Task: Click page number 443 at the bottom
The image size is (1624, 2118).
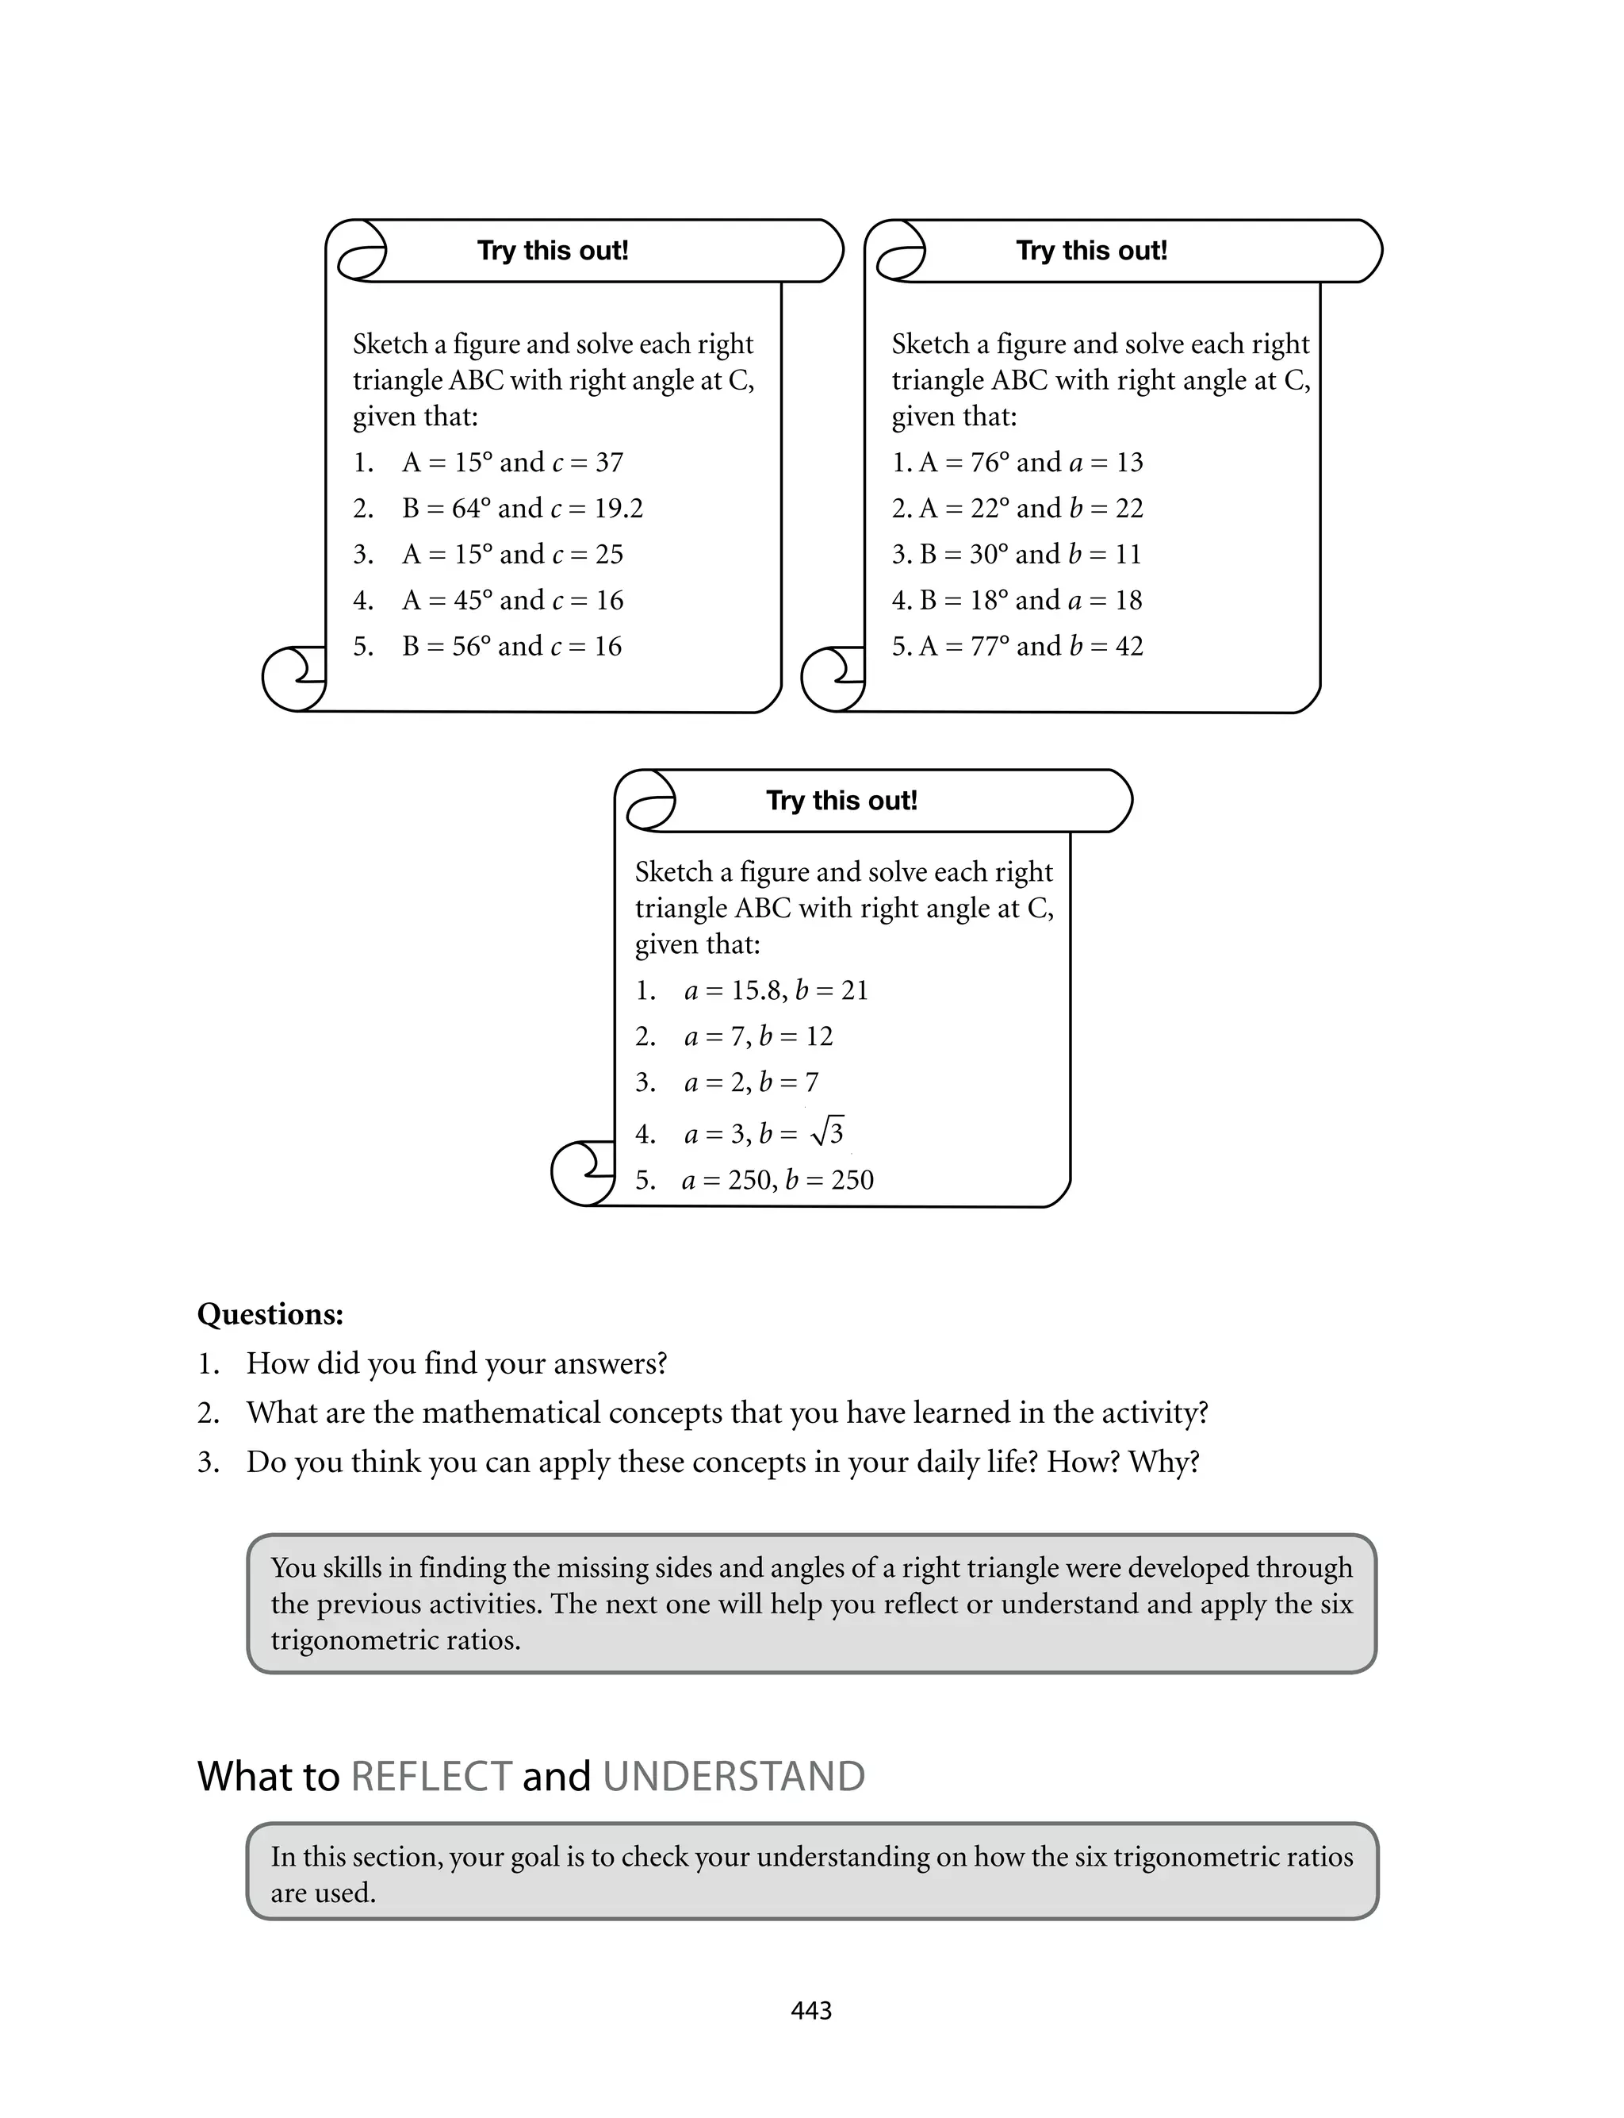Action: tap(811, 2011)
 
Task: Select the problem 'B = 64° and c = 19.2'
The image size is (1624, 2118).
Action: tap(522, 508)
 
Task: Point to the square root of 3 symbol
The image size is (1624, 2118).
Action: tap(829, 1132)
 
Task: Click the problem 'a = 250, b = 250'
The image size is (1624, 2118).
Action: tap(777, 1180)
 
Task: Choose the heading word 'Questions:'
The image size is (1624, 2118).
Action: tap(270, 1313)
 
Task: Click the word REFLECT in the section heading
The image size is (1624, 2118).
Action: tap(431, 1777)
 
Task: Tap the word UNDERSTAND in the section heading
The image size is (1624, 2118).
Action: tap(733, 1777)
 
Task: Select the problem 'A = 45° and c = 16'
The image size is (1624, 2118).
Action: tap(512, 601)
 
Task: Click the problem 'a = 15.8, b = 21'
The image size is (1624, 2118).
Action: tap(776, 990)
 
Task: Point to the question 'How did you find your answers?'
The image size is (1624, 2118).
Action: tap(456, 1363)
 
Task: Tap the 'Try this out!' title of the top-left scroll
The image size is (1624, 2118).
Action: tap(553, 251)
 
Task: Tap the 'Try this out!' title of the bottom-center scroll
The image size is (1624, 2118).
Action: tap(842, 801)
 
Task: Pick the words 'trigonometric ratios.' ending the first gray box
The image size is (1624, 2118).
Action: tap(396, 1640)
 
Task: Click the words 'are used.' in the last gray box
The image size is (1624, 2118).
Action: tap(323, 1893)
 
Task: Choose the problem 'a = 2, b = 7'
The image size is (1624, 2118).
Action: tap(751, 1082)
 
